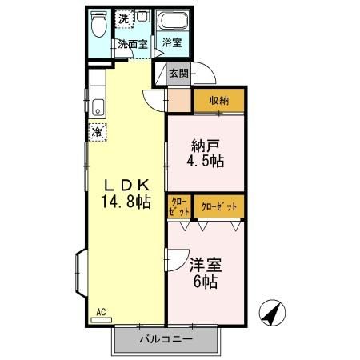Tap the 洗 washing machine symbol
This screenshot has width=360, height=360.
tap(124, 18)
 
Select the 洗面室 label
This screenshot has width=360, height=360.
tap(132, 45)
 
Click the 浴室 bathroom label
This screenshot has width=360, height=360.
tap(171, 43)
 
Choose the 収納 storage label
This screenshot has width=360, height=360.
tap(219, 101)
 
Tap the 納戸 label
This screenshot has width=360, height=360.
tap(204, 146)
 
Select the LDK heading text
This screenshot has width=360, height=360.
tap(121, 184)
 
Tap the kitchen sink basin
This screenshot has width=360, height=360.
tap(98, 106)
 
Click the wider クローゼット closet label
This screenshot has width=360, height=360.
tap(219, 206)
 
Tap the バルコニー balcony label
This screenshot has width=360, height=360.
tap(166, 339)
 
